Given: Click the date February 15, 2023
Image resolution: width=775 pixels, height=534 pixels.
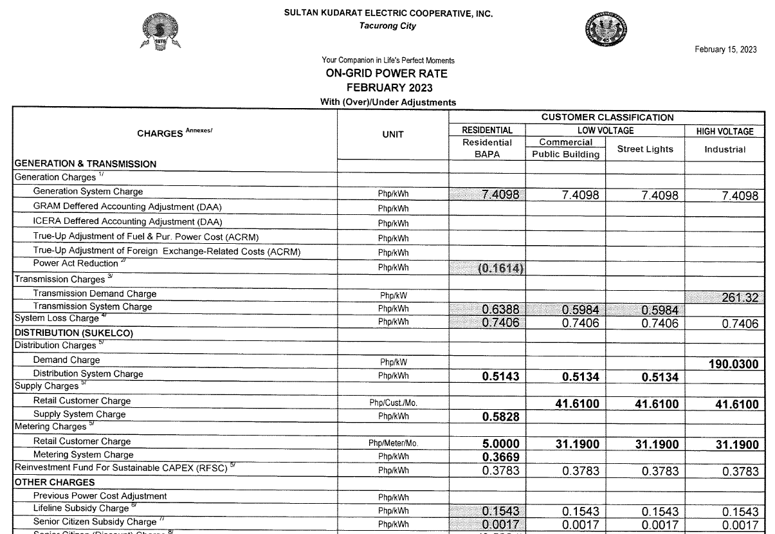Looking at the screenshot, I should click(725, 50).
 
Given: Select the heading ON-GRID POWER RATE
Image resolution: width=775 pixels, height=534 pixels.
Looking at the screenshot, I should click(387, 73).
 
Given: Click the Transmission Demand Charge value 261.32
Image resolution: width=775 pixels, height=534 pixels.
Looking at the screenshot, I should click(736, 297).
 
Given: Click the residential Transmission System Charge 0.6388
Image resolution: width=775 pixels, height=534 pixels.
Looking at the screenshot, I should click(500, 310).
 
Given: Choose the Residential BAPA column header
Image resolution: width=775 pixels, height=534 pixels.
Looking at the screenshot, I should click(488, 149).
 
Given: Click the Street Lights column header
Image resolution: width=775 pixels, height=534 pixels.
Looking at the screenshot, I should click(645, 149).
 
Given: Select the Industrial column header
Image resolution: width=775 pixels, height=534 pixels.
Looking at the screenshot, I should click(724, 149).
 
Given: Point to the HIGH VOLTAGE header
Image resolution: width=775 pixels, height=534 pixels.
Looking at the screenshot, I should click(725, 131).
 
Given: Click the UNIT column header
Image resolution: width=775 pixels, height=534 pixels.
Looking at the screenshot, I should click(392, 134).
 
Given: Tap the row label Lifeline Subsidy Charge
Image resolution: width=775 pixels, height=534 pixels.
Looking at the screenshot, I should click(81, 508).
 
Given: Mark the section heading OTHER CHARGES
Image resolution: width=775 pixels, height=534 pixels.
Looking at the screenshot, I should click(55, 482).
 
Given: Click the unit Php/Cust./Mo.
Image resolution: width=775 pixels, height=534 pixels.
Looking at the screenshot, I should click(392, 403).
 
